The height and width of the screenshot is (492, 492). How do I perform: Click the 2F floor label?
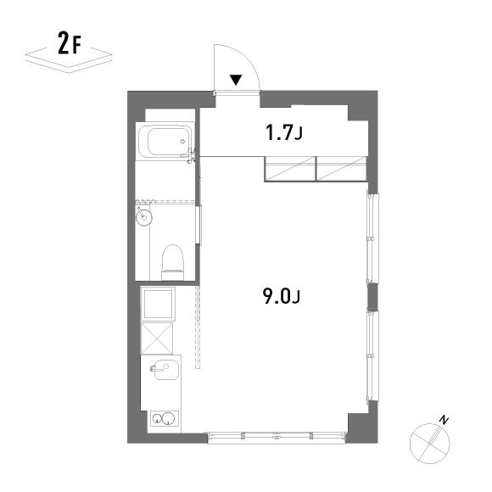click(70, 43)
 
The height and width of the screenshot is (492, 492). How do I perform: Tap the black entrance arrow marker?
click(236, 80)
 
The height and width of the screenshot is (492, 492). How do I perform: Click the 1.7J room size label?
click(283, 132)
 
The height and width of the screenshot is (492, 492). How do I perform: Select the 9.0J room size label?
click(282, 296)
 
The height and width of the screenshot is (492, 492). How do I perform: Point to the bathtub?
click(165, 140)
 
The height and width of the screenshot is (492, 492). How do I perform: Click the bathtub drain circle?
click(182, 142)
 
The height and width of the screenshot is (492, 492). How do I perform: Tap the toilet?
click(172, 262)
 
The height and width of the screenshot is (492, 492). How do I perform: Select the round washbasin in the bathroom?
click(144, 217)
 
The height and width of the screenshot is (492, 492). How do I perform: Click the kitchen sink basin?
click(165, 369)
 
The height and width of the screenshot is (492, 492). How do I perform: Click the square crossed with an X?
click(157, 338)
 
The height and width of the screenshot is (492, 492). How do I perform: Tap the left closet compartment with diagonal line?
click(290, 169)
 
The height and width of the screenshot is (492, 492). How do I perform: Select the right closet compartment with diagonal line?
click(342, 169)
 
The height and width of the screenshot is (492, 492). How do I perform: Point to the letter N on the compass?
click(444, 420)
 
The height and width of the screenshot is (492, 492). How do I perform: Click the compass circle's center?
click(429, 444)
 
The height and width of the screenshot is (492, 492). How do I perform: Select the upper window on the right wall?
click(372, 238)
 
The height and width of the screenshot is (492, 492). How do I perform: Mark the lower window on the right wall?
click(372, 355)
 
